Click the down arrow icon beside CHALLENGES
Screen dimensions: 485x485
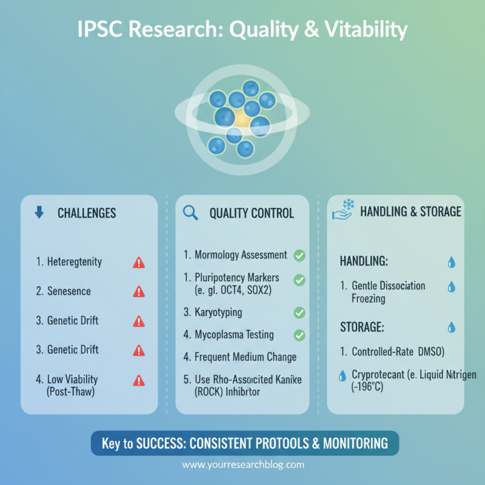point(39,212)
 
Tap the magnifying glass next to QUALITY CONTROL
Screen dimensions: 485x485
point(190,212)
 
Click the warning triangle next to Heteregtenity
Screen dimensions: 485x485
point(139,263)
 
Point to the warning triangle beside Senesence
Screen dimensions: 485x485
point(139,292)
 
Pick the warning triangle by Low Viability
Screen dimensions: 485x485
point(139,380)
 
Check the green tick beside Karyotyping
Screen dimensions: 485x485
point(299,313)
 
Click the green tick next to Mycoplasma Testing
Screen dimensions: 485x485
point(299,335)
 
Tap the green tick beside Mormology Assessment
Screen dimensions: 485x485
point(299,255)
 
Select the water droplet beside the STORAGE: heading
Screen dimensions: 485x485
point(451,327)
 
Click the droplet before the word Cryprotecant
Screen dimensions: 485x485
point(341,375)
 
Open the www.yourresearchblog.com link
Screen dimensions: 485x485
point(243,465)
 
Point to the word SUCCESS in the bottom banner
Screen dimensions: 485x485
point(154,443)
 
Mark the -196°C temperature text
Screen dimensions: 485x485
point(363,387)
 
